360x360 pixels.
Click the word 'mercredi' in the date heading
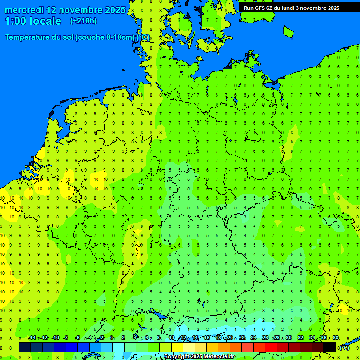[25, 10]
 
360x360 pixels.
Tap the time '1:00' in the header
[15, 21]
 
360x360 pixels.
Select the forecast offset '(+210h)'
[83, 21]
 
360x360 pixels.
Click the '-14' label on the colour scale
[32, 338]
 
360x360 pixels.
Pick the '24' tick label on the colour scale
[254, 338]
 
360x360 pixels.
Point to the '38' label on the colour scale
[336, 338]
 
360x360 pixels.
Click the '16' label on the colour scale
[207, 338]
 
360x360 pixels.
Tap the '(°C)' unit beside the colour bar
[344, 348]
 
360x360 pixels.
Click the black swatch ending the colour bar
[330, 347]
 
